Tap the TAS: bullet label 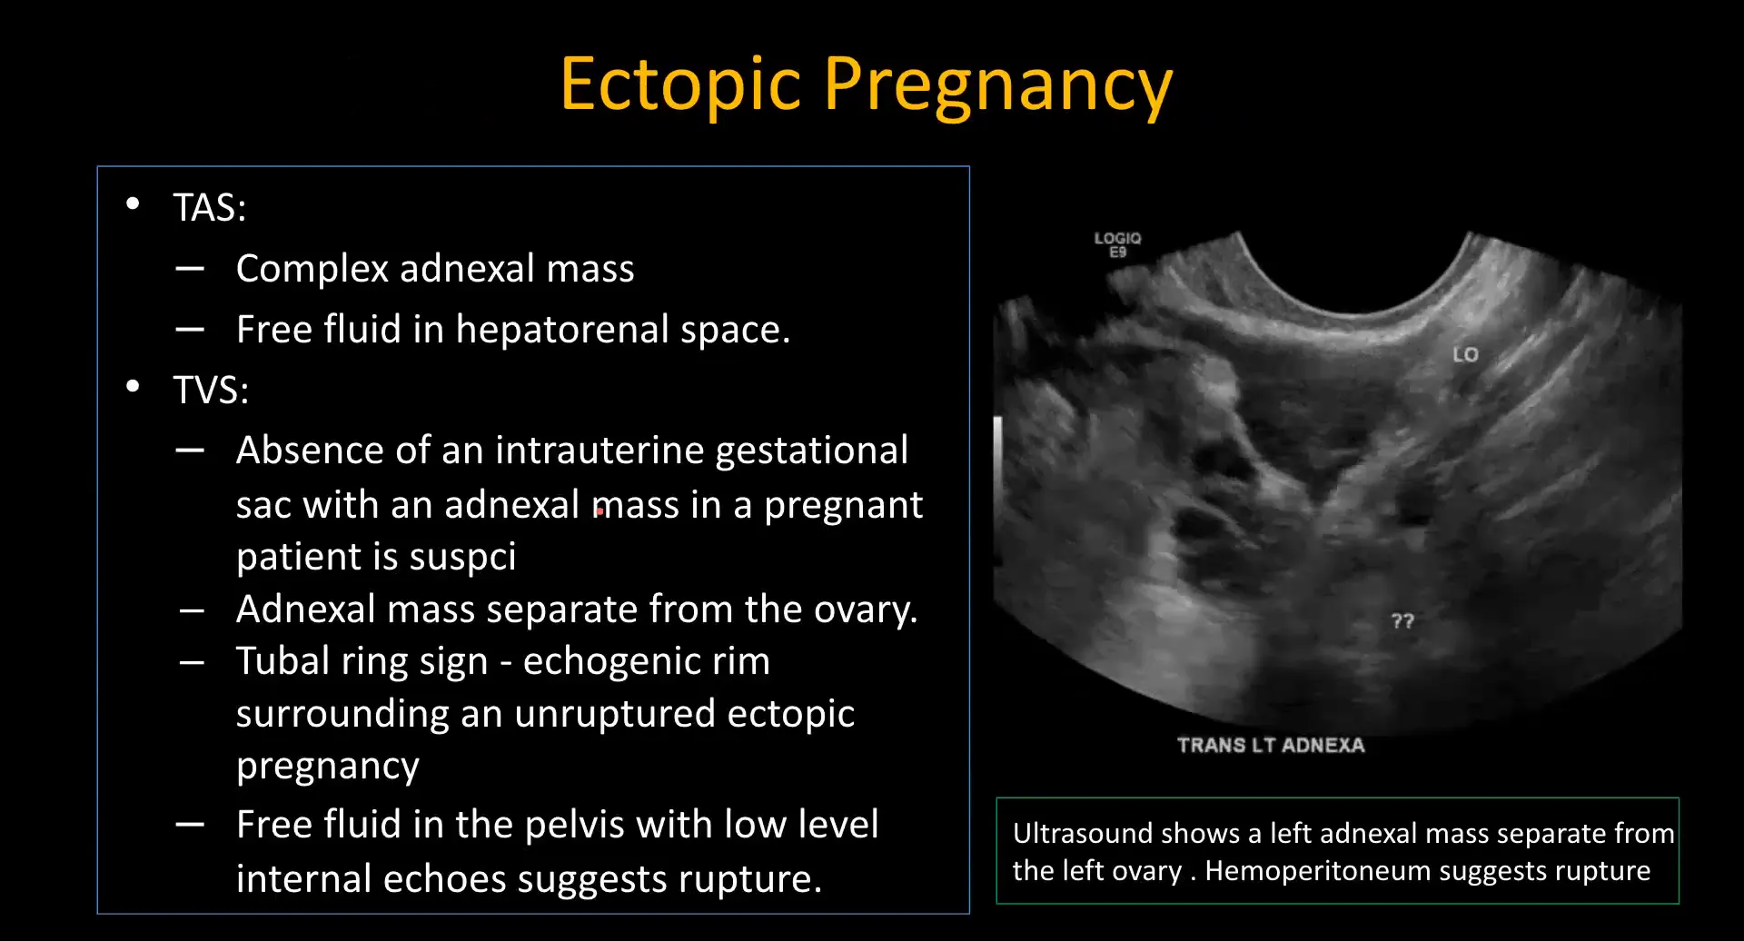coord(210,208)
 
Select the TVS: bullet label coord(211,391)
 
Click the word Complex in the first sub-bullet coord(312,270)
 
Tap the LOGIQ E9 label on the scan coord(1117,244)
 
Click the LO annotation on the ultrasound coord(1465,355)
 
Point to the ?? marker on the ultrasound coord(1402,621)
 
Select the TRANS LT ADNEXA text coord(1271,746)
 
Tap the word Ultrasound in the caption coord(1082,834)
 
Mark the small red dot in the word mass coord(599,512)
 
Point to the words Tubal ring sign coord(362,662)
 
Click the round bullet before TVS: coord(133,387)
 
